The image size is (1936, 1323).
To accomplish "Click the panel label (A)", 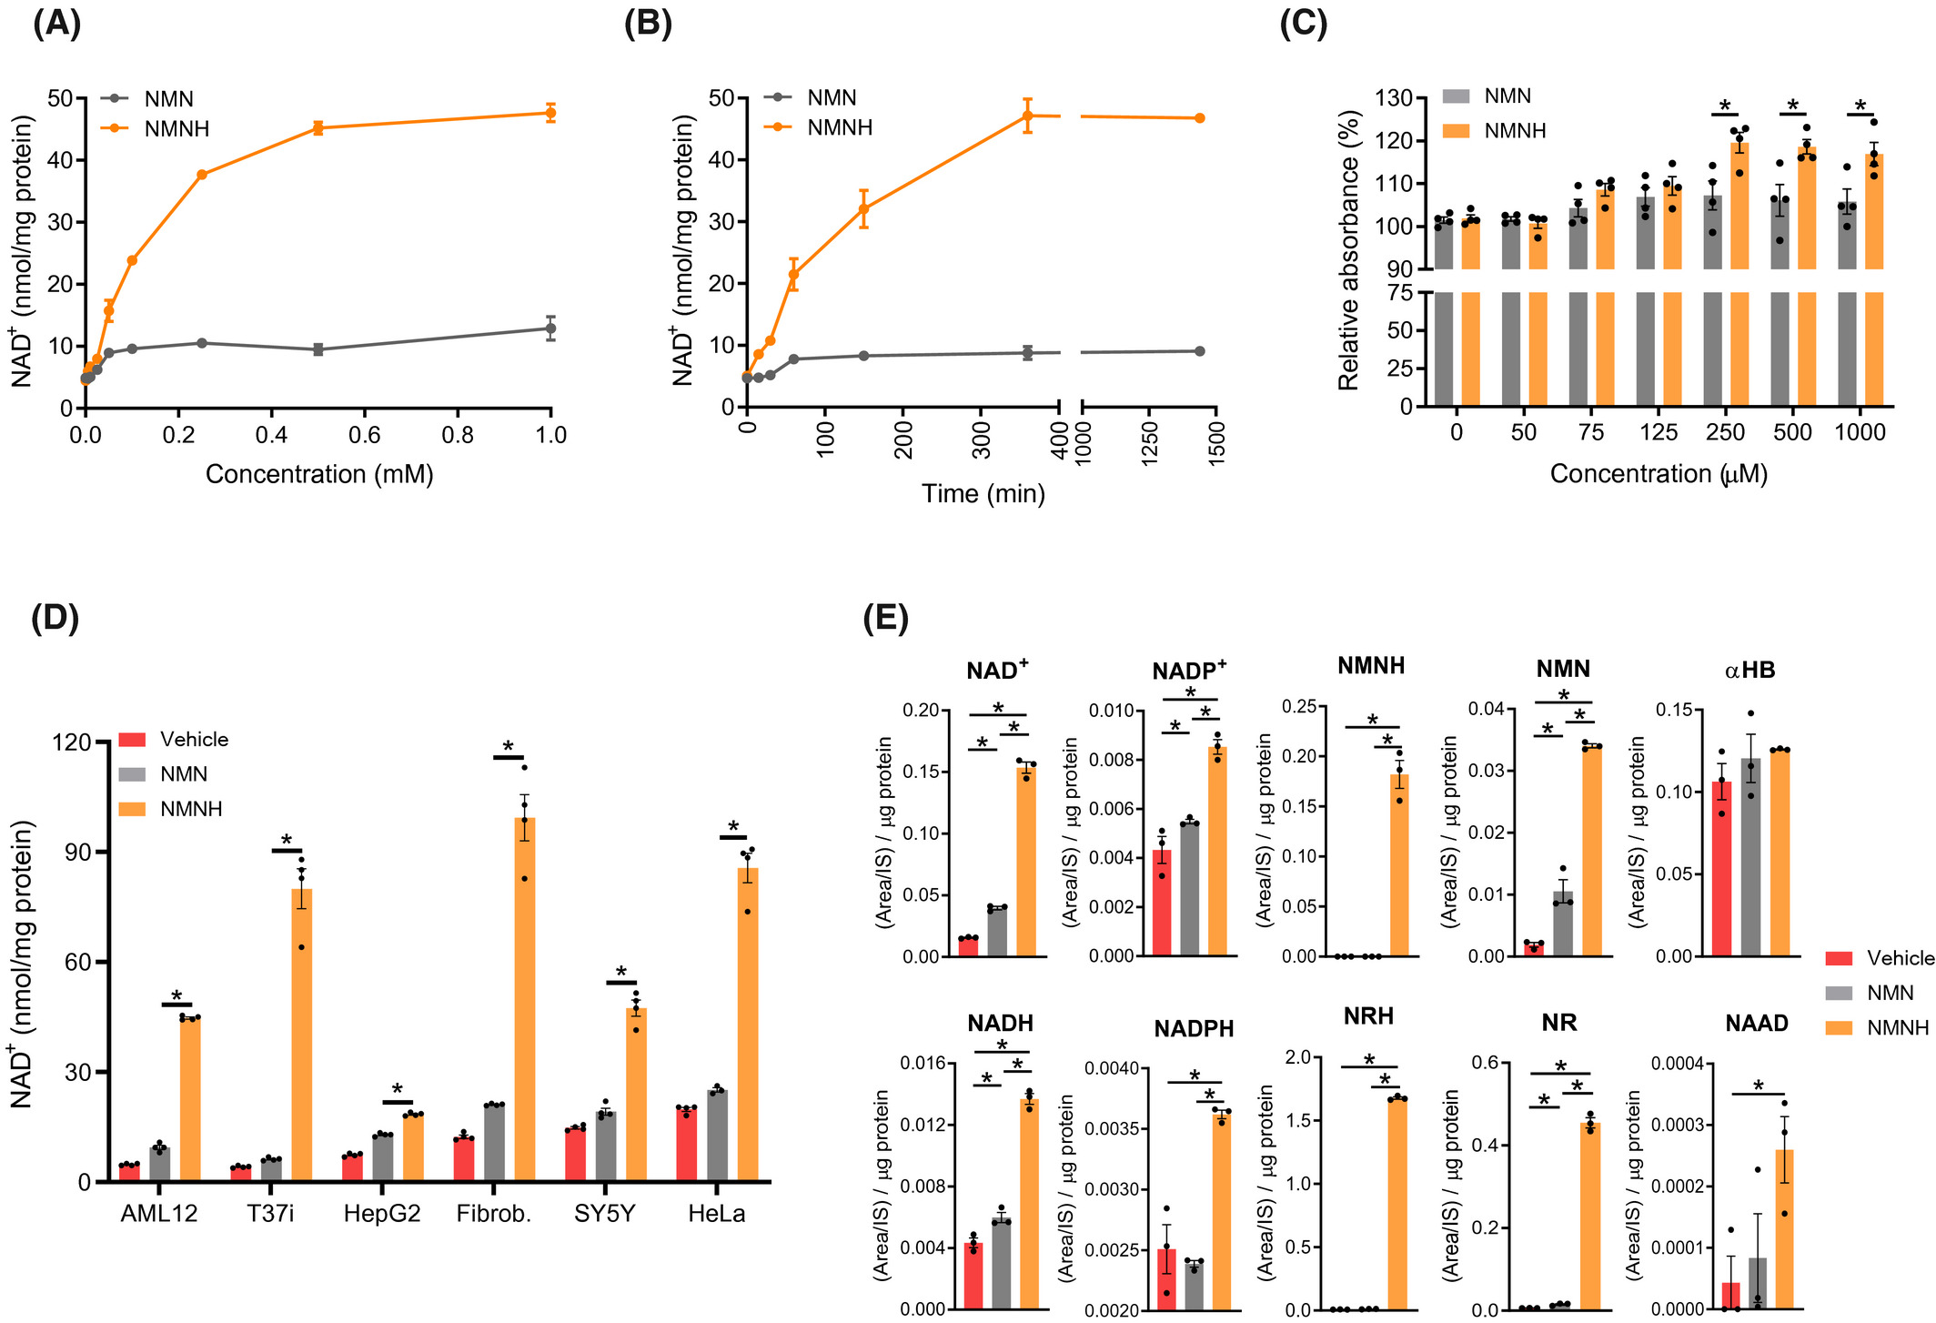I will (x=56, y=24).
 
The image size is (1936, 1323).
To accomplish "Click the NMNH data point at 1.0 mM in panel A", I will (x=550, y=113).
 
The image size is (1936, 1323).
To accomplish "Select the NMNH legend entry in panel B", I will (x=839, y=128).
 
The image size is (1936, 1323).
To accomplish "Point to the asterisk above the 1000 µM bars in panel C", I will (x=1860, y=105).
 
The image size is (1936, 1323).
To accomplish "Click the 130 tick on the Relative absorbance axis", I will (x=1395, y=98).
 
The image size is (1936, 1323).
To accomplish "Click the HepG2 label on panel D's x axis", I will (x=381, y=1214).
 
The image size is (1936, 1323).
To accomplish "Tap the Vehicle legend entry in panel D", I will (x=193, y=740).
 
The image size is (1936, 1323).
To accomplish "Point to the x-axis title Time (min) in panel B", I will (x=983, y=494).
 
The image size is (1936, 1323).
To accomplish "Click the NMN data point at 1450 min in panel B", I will (x=1199, y=351).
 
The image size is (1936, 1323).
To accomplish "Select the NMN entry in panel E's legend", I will (x=1890, y=993).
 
